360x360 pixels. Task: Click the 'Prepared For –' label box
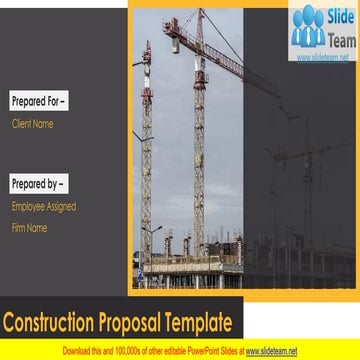[x=38, y=101]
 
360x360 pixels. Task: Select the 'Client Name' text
[x=32, y=124]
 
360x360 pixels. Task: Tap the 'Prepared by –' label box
[x=39, y=184]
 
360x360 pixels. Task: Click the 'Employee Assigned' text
[x=44, y=206]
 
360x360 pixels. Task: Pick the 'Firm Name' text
[x=30, y=227]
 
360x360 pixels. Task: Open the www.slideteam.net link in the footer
[x=271, y=351]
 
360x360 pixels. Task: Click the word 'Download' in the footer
[x=80, y=351]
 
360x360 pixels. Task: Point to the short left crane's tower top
[x=147, y=48]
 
